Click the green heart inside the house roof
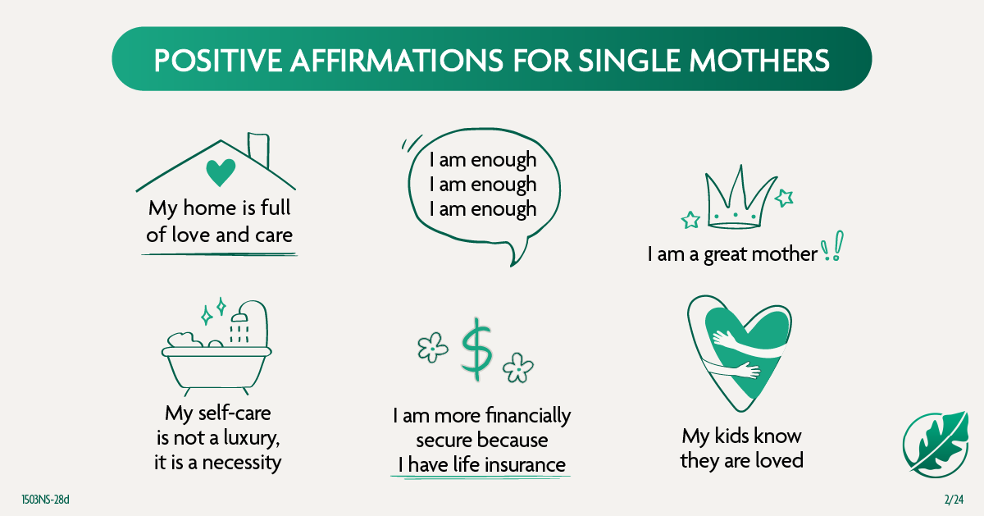(221, 172)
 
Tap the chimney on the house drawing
(258, 149)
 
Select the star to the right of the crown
(784, 198)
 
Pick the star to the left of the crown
(690, 220)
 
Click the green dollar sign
(476, 349)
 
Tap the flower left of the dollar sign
(433, 347)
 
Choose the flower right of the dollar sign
(518, 368)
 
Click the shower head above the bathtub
(239, 317)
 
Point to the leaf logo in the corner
(936, 445)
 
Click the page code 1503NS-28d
(46, 500)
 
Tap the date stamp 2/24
(954, 500)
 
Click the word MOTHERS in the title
(759, 60)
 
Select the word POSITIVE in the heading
(218, 60)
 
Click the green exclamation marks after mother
(831, 246)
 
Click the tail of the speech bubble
(517, 253)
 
